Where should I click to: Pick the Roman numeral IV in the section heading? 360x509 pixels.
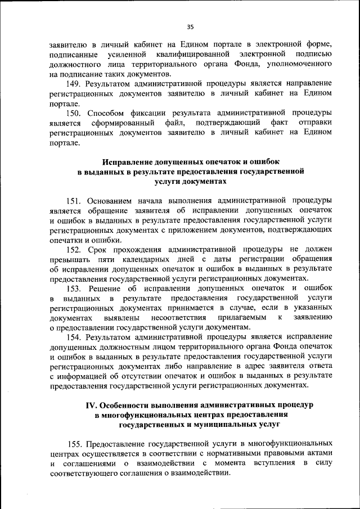click(91, 405)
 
